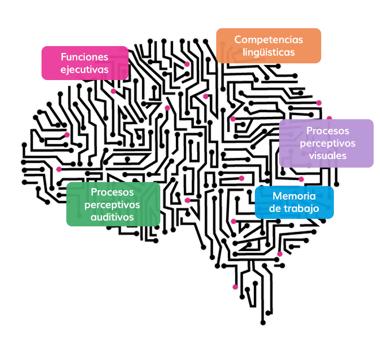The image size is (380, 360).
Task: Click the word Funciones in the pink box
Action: [85, 57]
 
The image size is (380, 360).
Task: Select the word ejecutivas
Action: [85, 69]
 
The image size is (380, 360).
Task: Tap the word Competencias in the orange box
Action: [268, 40]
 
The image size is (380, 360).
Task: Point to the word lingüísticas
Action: [268, 52]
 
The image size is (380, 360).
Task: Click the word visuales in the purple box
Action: [327, 156]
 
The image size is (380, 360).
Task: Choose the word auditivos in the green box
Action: [113, 217]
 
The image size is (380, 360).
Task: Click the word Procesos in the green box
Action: [113, 192]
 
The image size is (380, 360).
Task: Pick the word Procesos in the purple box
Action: [327, 131]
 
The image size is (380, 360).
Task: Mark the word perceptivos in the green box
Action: [113, 204]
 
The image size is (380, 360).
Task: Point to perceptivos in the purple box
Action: [327, 143]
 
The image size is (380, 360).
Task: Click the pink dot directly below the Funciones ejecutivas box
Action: [113, 91]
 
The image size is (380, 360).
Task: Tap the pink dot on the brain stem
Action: [235, 287]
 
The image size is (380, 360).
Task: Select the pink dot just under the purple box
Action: [301, 179]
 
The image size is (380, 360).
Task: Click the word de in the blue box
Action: [275, 209]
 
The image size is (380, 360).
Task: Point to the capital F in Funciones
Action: [63, 57]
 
